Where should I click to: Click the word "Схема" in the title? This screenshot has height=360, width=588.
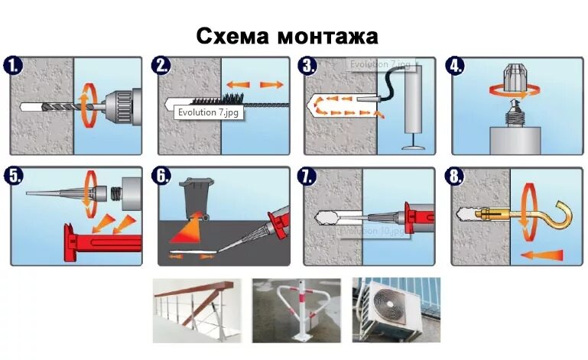232,35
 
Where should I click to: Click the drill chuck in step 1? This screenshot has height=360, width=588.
119,104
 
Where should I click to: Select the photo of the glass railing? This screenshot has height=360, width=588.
197,309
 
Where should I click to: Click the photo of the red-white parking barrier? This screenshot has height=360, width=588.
296,309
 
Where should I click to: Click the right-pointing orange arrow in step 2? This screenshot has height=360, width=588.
268,83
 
